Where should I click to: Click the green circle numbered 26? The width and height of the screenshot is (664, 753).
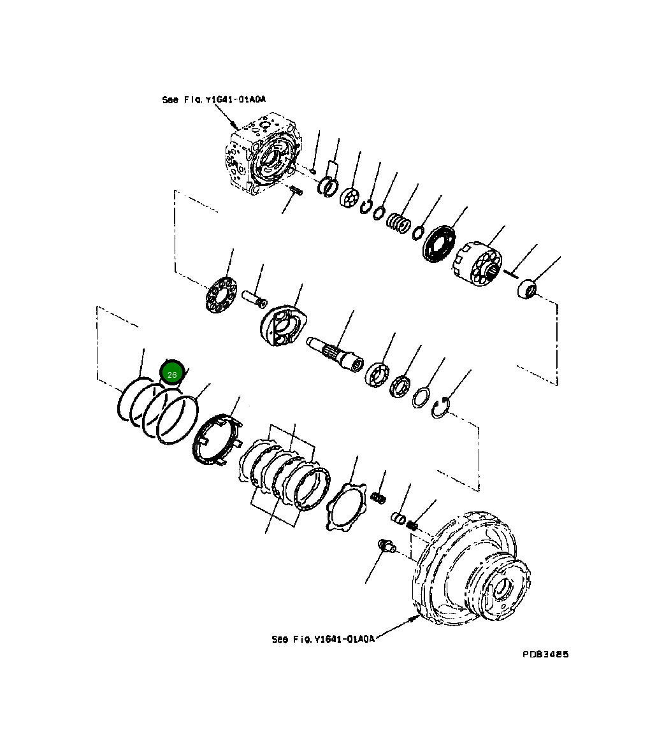pos(172,375)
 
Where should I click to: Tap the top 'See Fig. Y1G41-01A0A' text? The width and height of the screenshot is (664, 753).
pos(213,100)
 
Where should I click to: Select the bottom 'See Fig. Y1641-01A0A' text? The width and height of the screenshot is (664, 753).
pos(322,639)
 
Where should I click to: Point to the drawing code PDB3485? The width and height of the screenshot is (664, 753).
pos(545,654)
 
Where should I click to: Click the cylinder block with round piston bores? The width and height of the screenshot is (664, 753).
pos(480,263)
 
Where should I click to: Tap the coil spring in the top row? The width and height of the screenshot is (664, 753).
pos(399,223)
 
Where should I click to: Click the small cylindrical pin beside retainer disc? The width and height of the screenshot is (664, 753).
pos(256,298)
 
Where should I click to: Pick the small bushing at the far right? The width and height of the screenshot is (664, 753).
pos(527,290)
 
